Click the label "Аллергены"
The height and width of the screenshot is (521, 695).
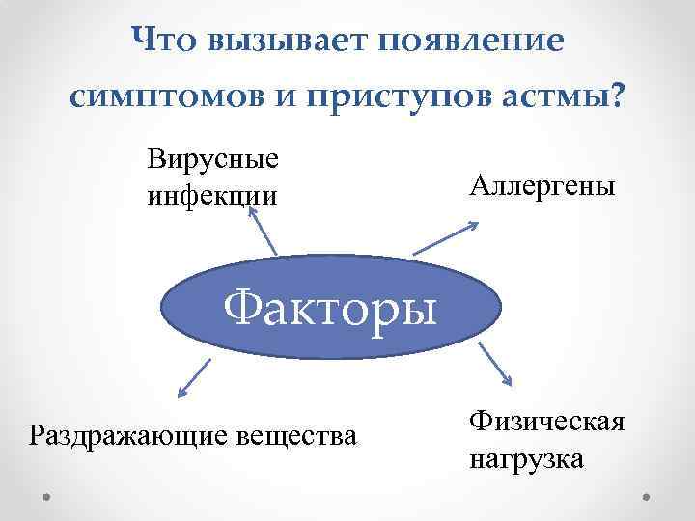[542, 184]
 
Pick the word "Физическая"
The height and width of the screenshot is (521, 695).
[547, 421]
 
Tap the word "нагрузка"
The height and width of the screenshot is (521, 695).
[526, 458]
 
